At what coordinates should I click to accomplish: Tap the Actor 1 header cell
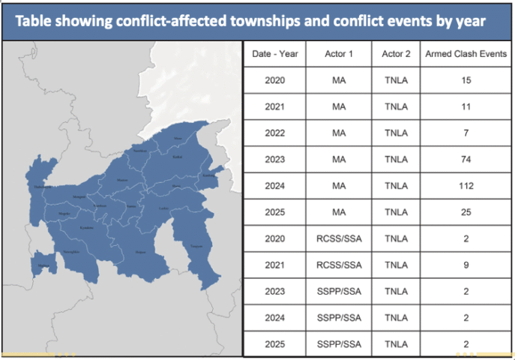tap(339, 54)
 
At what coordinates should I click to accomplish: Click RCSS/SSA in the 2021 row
tap(339, 265)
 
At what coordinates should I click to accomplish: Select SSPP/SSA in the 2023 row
tap(339, 291)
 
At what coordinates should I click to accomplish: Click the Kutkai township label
tap(177, 157)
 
